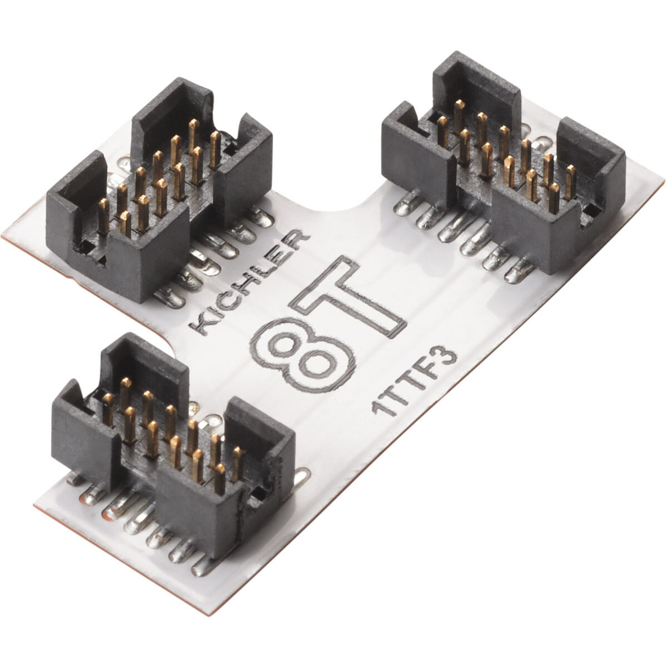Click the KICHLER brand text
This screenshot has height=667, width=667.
click(248, 283)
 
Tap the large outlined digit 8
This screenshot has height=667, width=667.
click(304, 356)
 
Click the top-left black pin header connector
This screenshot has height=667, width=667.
click(159, 191)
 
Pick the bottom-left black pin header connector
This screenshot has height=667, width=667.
click(173, 446)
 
